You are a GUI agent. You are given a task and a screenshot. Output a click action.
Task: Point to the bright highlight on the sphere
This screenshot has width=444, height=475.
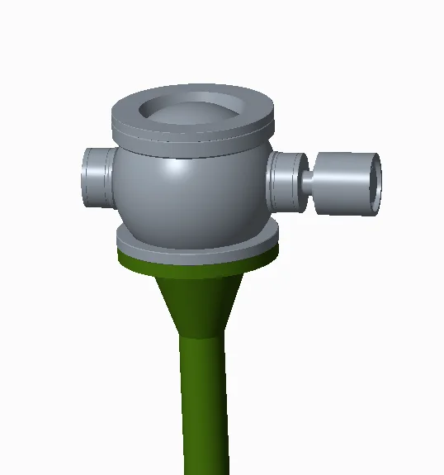tap(175, 169)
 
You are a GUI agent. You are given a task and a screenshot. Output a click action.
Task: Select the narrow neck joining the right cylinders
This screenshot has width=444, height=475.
tap(307, 179)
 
